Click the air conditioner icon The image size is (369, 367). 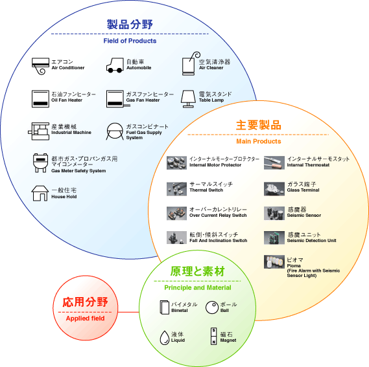click(40, 66)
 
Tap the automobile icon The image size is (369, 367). click(115, 65)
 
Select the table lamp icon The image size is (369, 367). click(188, 99)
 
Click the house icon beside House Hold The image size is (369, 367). click(40, 194)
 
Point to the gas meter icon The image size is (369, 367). click(40, 163)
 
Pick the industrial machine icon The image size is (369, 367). click(39, 131)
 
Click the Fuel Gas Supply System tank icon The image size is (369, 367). click(115, 131)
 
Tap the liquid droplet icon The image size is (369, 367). click(165, 338)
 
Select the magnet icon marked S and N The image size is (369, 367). click(213, 336)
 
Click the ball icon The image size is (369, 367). click(212, 307)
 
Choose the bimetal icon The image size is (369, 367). click(165, 307)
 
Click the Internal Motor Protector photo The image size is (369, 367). click(176, 162)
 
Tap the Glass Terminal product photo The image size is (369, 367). click(274, 188)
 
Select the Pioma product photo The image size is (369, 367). click(274, 261)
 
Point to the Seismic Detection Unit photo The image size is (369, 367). click(274, 238)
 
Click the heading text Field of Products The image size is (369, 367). click(130, 41)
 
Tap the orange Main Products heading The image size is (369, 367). click(259, 141)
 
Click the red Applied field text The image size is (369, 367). click(85, 318)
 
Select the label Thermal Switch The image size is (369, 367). click(206, 190)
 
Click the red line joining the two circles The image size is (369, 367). click(128, 312)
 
